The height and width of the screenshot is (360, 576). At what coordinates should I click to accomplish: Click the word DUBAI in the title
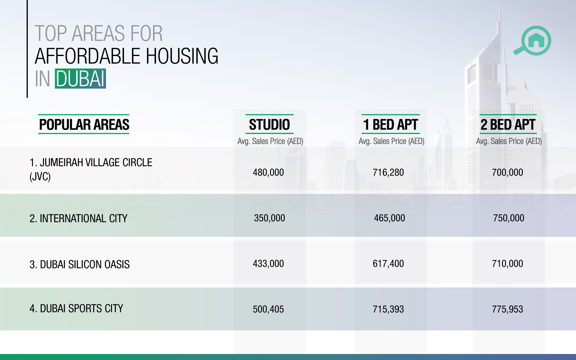[80, 78]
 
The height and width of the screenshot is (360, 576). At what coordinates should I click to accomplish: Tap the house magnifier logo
[533, 41]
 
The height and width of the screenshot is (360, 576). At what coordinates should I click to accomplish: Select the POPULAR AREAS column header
[84, 125]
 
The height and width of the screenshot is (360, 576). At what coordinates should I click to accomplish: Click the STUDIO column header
[269, 125]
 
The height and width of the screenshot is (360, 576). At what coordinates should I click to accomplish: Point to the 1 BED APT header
[390, 125]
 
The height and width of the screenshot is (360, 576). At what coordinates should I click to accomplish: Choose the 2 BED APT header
[508, 125]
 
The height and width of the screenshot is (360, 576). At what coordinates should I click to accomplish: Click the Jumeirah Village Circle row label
[91, 169]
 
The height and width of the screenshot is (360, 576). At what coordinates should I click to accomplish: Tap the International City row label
[78, 218]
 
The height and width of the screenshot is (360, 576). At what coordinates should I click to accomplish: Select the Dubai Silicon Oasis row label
[80, 264]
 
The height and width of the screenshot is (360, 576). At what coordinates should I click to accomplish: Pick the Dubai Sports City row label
[76, 308]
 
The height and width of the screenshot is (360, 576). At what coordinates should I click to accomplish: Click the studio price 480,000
[268, 172]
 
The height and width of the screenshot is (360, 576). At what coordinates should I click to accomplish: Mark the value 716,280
[388, 172]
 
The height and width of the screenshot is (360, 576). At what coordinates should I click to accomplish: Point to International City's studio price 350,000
[270, 218]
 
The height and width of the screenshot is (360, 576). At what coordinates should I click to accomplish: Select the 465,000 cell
[390, 218]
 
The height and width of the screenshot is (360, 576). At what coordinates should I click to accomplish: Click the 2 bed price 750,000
[508, 218]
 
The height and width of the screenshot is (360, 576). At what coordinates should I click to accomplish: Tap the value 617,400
[388, 264]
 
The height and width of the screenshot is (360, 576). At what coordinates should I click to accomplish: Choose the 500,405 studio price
[268, 309]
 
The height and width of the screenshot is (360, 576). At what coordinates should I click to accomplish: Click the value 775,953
[508, 309]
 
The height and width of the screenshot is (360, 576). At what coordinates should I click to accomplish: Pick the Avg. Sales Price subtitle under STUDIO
[270, 141]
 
